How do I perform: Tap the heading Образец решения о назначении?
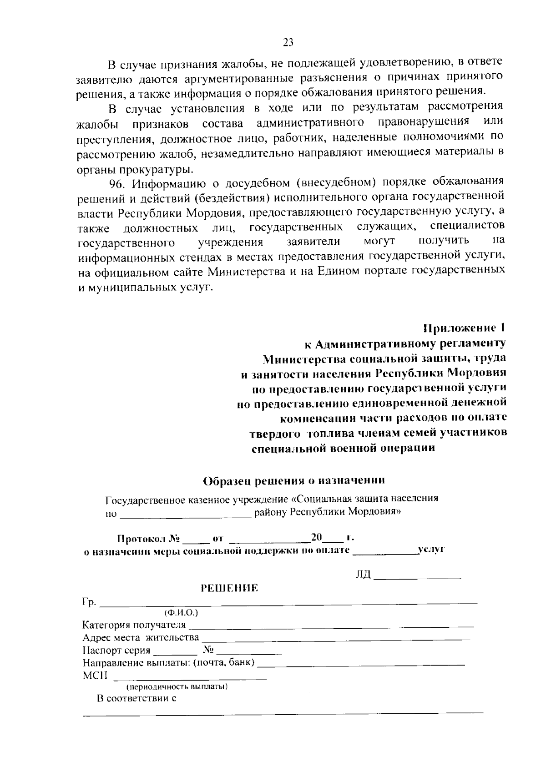294,480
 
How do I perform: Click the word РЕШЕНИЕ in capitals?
230,588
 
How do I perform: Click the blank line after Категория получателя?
331,626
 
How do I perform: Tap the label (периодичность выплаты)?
177,686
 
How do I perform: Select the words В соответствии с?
136,698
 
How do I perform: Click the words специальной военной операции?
344,448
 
